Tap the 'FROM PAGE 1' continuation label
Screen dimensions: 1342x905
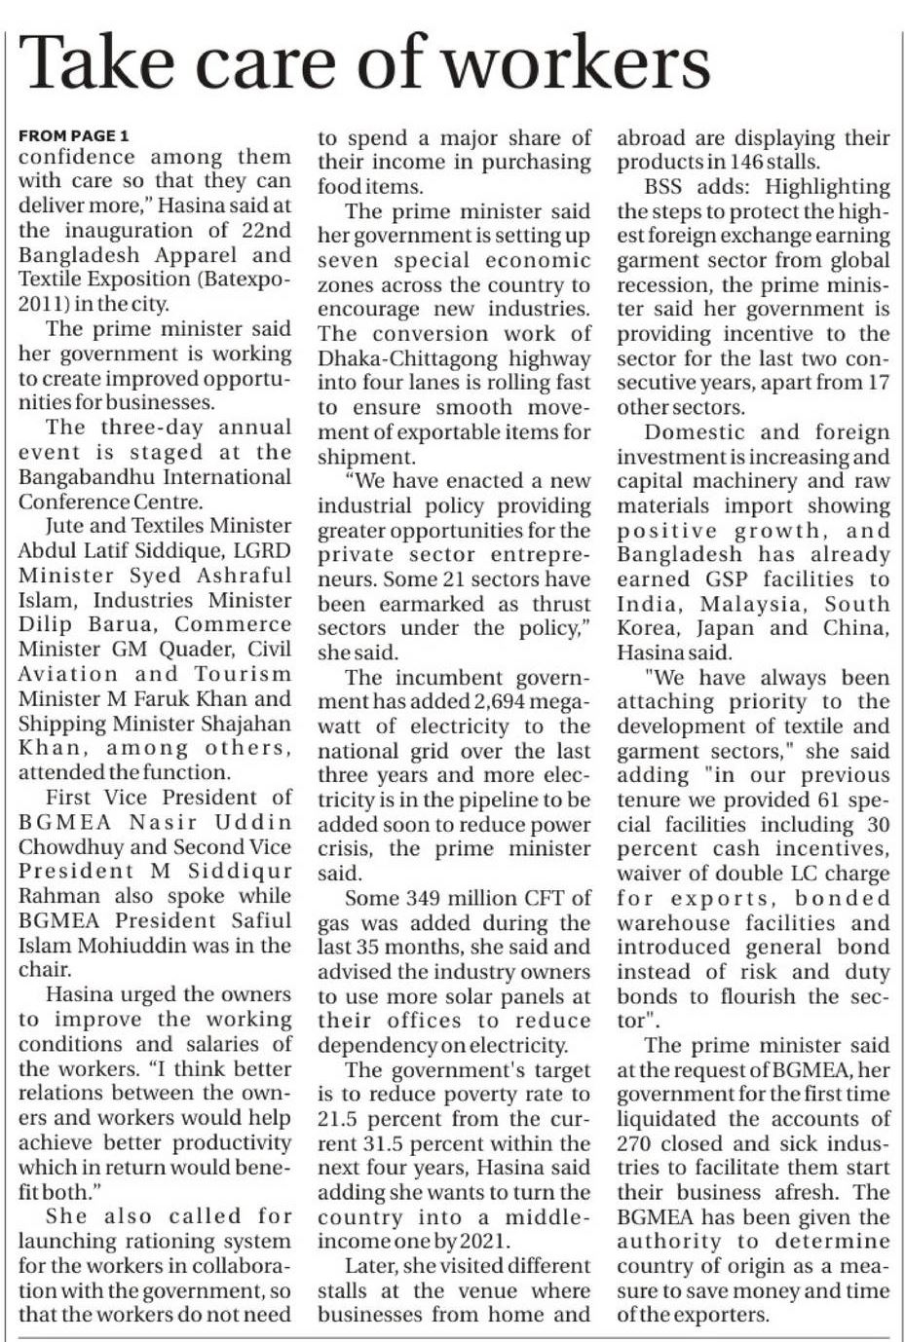click(73, 135)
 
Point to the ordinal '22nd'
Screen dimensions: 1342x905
click(265, 230)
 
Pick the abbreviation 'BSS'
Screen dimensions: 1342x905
click(664, 187)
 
